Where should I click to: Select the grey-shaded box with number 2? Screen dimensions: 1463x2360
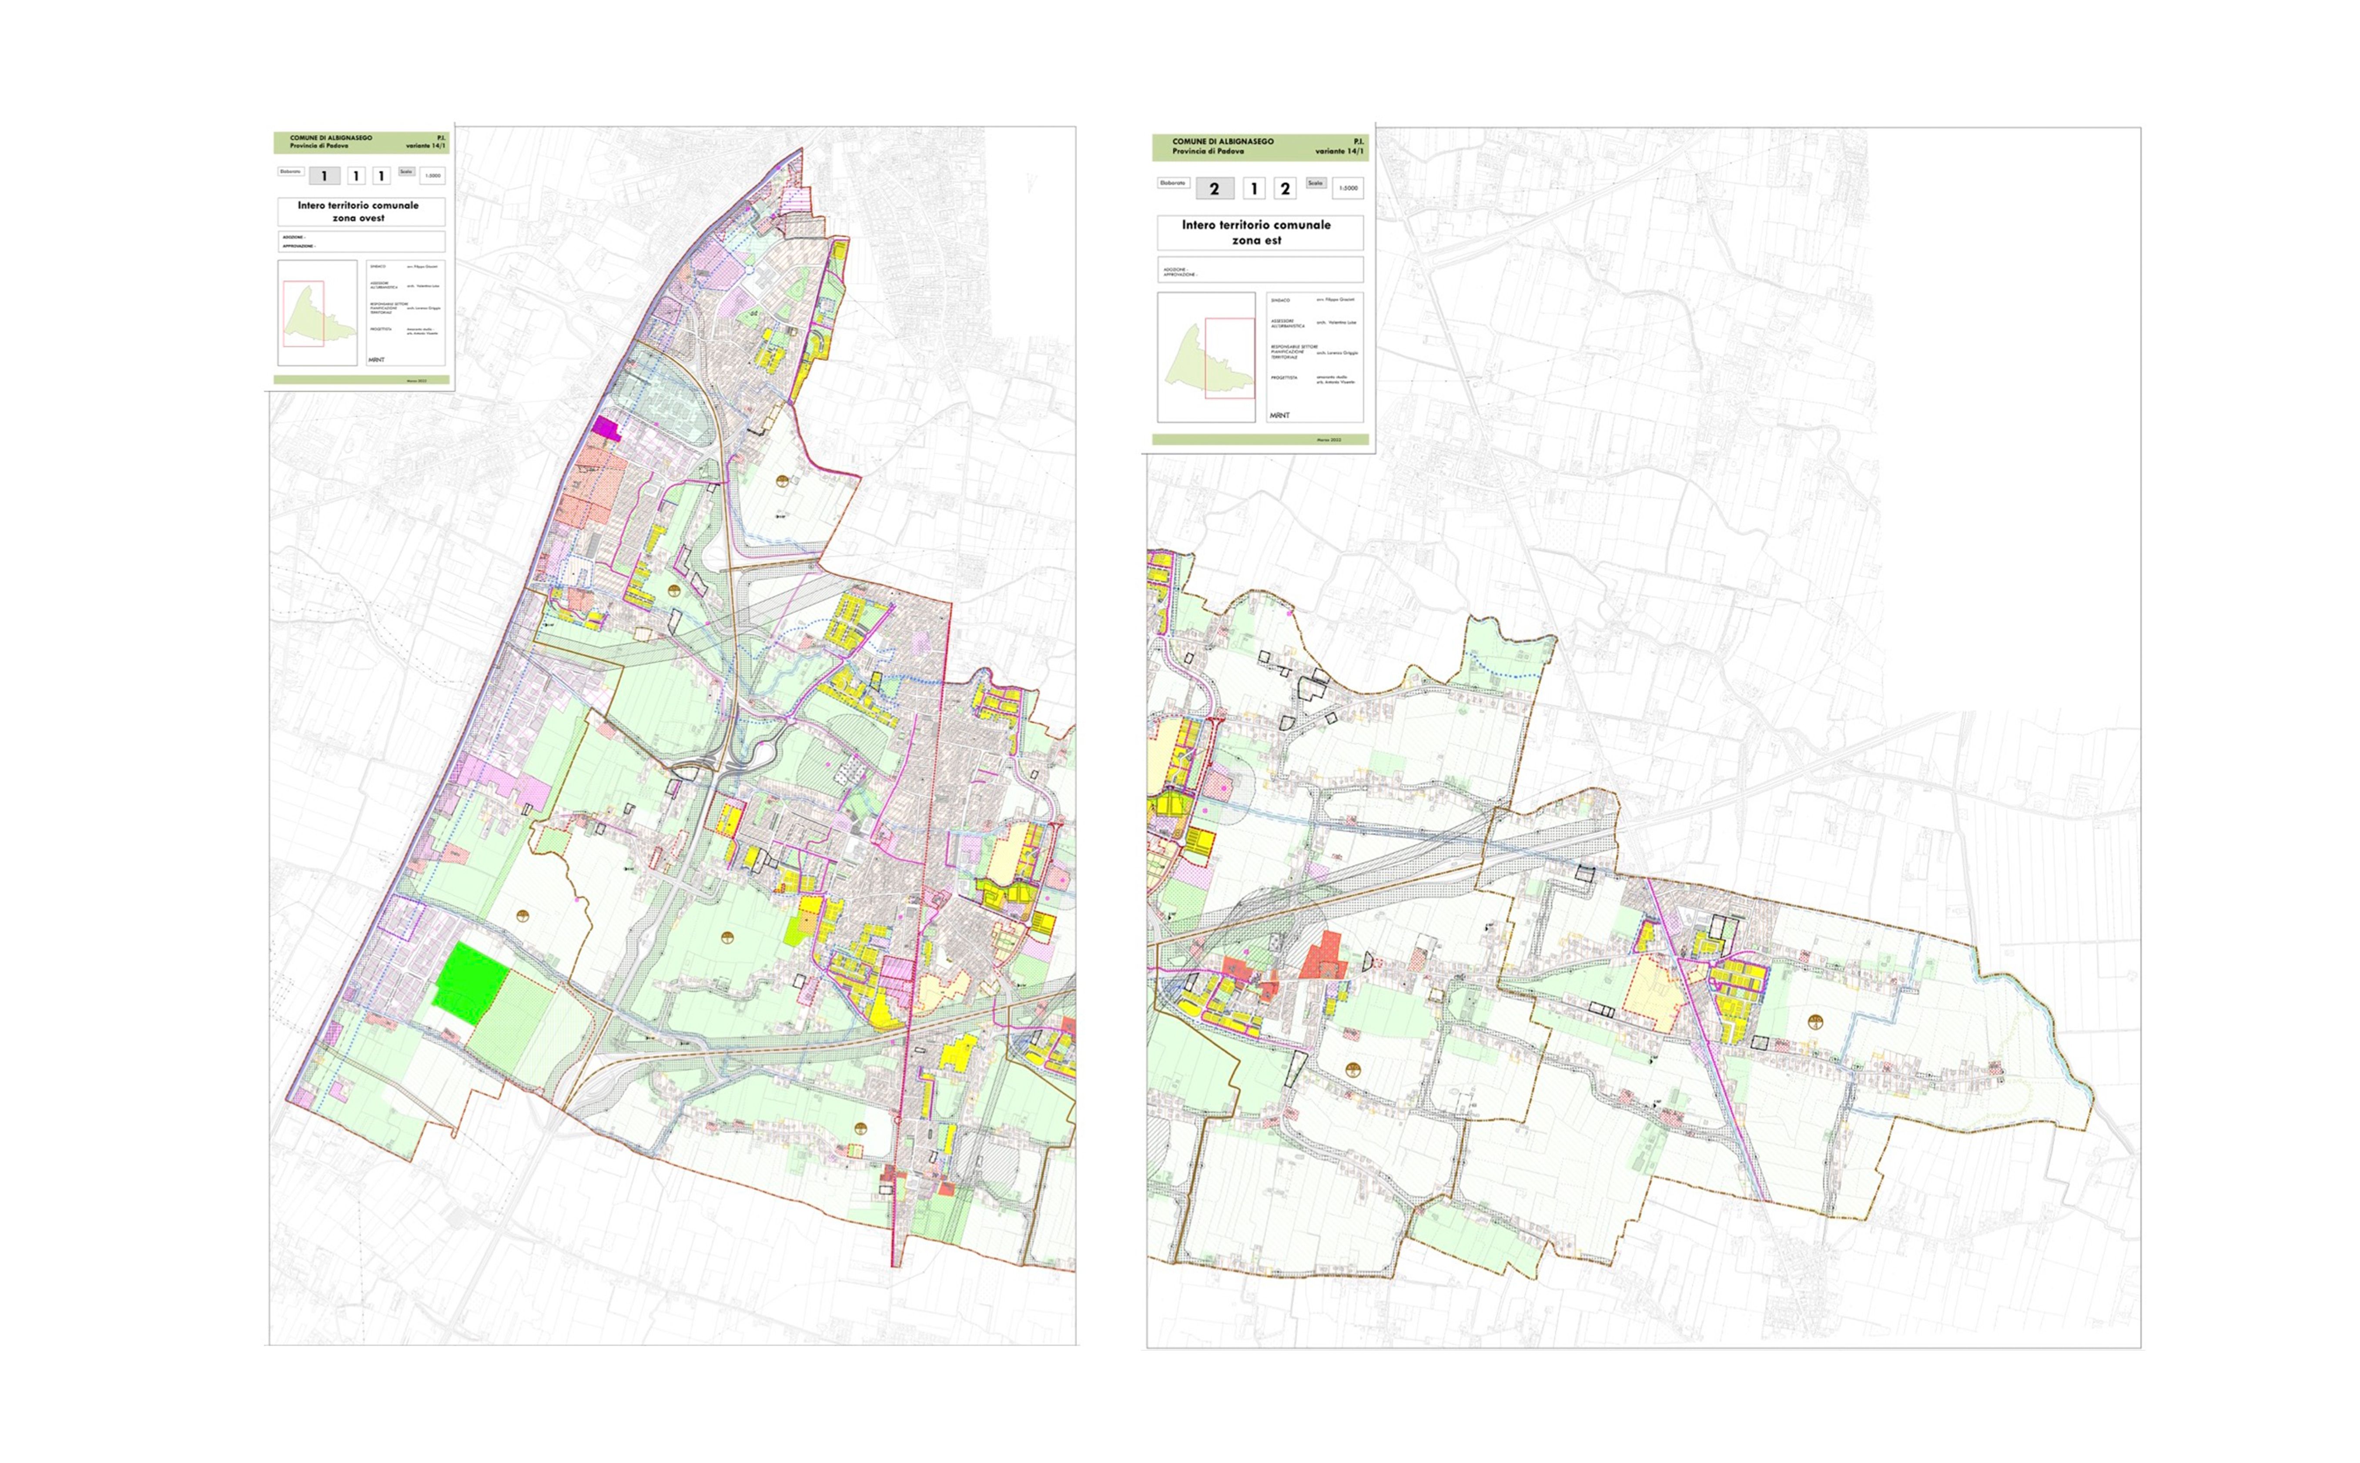pos(1214,189)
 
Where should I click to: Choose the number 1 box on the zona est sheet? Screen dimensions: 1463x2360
pos(1254,189)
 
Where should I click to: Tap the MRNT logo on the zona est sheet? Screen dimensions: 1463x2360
pos(1279,415)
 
